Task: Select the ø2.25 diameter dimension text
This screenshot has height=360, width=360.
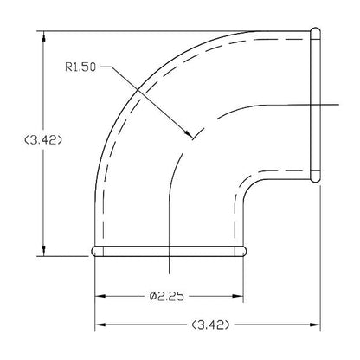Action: pyautogui.click(x=165, y=297)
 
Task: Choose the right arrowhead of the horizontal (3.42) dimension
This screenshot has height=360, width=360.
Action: pyautogui.click(x=315, y=326)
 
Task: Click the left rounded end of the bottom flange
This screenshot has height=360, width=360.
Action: pyautogui.click(x=94, y=252)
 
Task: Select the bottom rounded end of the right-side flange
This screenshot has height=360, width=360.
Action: pyautogui.click(x=315, y=178)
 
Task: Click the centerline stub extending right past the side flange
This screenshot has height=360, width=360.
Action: pyautogui.click(x=332, y=106)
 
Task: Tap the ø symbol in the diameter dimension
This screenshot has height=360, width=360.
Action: pyautogui.click(x=151, y=297)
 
